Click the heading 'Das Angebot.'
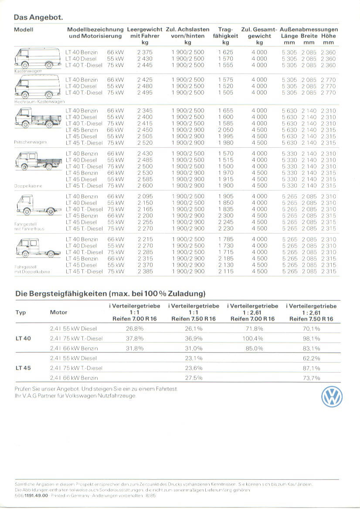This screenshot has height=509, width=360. coord(38,17)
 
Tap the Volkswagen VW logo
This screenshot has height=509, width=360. coord(332,397)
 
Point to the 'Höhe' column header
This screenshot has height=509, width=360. coord(328,36)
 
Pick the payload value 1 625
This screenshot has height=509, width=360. coord(225,52)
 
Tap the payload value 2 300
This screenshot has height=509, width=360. coord(225,216)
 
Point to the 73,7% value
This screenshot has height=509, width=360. coord(311,378)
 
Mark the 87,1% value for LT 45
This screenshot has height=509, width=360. coord(311,368)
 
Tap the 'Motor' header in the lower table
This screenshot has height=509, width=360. coord(58,312)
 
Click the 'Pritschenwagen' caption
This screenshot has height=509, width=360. coord(30,142)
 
